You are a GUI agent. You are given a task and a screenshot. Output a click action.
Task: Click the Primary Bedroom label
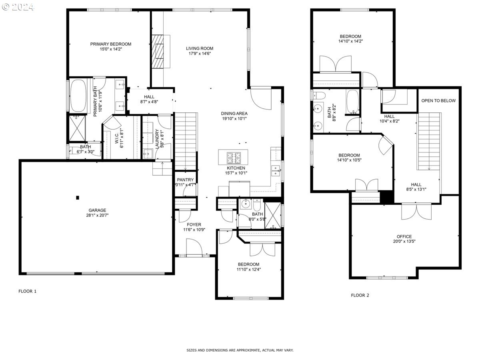(x=110, y=44)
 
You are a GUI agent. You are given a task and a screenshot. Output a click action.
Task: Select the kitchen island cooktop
(x=233, y=157)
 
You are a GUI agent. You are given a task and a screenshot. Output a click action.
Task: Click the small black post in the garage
(x=78, y=197)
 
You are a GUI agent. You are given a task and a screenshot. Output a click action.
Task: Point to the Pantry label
(x=185, y=180)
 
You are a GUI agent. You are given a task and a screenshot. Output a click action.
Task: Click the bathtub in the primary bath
(x=78, y=96)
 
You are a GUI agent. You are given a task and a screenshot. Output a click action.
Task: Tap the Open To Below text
(x=438, y=100)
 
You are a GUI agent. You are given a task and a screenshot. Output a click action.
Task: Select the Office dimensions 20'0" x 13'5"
(x=404, y=241)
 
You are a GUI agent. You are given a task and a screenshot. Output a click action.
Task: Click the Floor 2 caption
(x=360, y=295)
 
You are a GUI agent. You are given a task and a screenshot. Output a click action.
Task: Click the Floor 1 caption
(x=28, y=291)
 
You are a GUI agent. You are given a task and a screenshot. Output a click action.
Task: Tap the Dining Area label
(x=234, y=113)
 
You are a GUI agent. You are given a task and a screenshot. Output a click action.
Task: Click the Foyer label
(x=194, y=225)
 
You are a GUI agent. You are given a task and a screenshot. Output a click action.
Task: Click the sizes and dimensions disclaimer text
(x=240, y=350)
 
